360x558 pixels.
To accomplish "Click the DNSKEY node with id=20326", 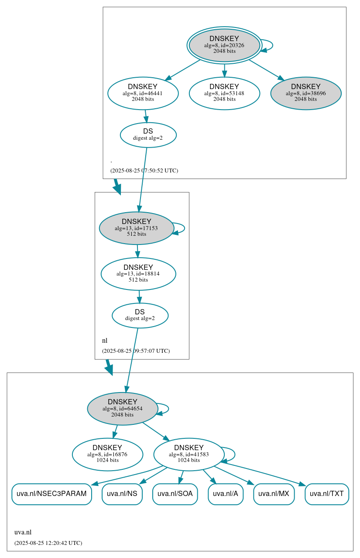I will [224, 45].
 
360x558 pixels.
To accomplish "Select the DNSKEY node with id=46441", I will [143, 93].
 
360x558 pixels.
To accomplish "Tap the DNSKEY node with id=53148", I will [224, 93].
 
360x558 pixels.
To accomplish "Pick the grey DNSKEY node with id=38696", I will [305, 93].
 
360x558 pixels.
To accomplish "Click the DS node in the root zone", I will [148, 135].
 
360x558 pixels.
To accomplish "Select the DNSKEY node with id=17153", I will [137, 228].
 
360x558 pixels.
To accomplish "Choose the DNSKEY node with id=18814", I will [138, 274].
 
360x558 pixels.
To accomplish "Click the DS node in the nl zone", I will [140, 315].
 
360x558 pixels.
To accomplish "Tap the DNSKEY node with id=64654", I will [122, 409].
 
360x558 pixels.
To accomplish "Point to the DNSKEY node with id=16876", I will [107, 455].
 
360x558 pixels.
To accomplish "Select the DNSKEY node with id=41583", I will [189, 455].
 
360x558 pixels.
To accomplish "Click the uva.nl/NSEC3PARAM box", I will [51, 494].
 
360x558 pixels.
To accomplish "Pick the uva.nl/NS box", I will [122, 494].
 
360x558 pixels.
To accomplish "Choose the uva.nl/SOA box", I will [175, 494].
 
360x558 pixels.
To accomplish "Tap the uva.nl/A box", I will [225, 494].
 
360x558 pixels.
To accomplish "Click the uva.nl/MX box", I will [274, 494].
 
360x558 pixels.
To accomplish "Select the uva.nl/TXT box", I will [326, 494].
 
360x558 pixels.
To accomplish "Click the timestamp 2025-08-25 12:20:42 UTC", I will [48, 543].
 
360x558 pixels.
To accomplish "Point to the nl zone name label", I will [105, 341].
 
